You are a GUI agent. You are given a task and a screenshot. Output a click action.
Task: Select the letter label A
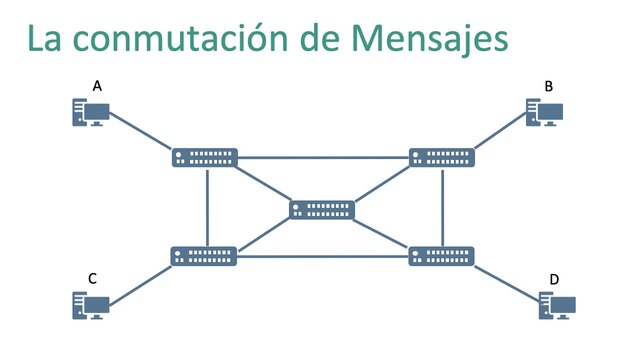pyautogui.click(x=97, y=87)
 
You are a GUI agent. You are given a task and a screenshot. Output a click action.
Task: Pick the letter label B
pyautogui.click(x=548, y=87)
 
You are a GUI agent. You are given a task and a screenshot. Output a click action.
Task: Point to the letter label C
pyautogui.click(x=92, y=278)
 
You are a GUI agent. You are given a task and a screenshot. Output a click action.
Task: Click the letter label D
pyautogui.click(x=553, y=278)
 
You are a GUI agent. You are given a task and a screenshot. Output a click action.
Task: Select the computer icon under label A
pyautogui.click(x=88, y=112)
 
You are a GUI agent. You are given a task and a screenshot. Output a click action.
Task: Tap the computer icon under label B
pyautogui.click(x=545, y=112)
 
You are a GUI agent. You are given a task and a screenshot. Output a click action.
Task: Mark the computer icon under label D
pyautogui.click(x=556, y=304)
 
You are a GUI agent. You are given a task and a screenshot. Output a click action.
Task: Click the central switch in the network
pyautogui.click(x=322, y=210)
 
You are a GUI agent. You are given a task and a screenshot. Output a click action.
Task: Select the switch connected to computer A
pyautogui.click(x=204, y=157)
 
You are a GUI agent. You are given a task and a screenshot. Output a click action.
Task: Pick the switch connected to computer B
pyautogui.click(x=442, y=157)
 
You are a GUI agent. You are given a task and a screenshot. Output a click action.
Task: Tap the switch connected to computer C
pyautogui.click(x=204, y=256)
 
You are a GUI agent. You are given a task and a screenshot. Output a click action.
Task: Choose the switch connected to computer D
pyautogui.click(x=442, y=256)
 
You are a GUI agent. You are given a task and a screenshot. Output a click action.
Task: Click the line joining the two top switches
pyautogui.click(x=323, y=157)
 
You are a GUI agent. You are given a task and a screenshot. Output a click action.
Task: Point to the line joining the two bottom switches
pyautogui.click(x=323, y=257)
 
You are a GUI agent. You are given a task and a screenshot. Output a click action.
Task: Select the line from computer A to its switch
pyautogui.click(x=140, y=130)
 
